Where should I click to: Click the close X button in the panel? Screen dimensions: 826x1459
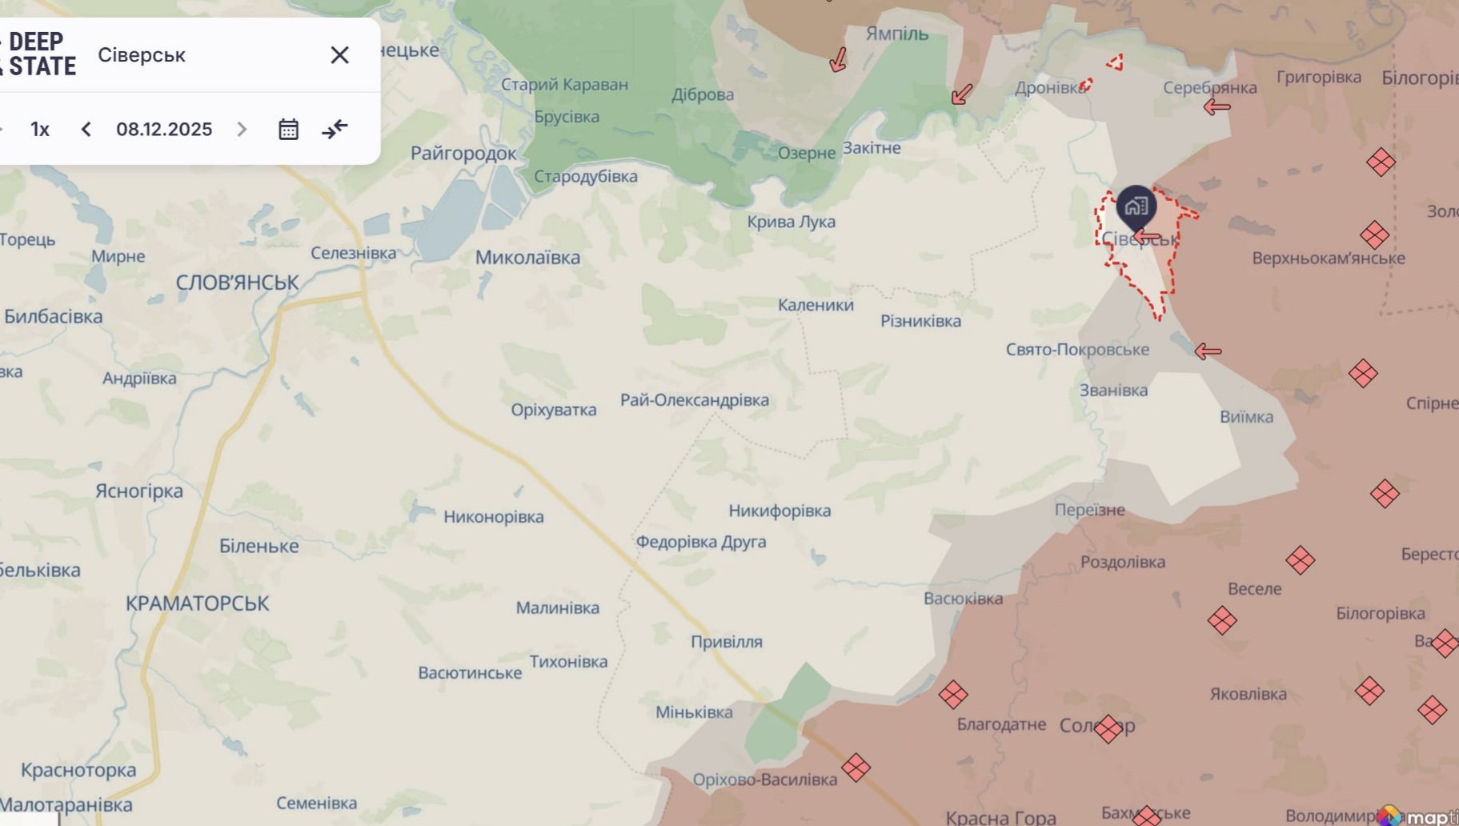[339, 54]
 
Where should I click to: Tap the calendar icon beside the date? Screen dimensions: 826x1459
[288, 129]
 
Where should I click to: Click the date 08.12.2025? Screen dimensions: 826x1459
[164, 129]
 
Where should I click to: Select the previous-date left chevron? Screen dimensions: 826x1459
[86, 129]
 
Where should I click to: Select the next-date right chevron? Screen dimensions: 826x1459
[242, 129]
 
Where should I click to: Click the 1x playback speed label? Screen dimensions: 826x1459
[40, 129]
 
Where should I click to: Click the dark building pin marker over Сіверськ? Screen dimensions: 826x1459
[1136, 206]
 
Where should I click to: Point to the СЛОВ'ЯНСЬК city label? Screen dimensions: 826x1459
[237, 283]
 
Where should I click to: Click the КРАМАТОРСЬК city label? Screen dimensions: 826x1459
[197, 603]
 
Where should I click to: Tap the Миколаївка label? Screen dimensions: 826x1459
[527, 258]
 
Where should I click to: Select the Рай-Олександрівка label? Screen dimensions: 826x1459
[694, 400]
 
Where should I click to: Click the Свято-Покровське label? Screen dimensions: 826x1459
[1076, 350]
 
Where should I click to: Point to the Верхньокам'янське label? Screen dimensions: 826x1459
[1328, 259]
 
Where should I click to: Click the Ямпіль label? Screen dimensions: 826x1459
[896, 34]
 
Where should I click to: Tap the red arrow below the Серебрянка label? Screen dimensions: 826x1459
[1217, 106]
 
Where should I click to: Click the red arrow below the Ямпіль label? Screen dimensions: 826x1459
[838, 59]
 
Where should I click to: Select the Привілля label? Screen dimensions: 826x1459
[726, 642]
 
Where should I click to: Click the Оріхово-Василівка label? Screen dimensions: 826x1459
[764, 780]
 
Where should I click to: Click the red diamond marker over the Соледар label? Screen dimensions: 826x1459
[1108, 728]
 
